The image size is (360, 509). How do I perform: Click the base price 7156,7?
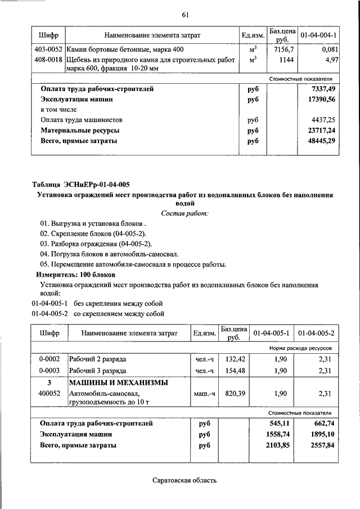[x=283, y=51]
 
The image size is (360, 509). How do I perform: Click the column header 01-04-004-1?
[x=318, y=36]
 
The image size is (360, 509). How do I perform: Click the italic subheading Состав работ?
[x=184, y=213]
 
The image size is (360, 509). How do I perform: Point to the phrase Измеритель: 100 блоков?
[x=75, y=274]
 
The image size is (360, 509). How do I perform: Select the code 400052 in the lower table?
[x=50, y=394]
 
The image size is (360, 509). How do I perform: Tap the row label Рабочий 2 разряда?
[x=98, y=359]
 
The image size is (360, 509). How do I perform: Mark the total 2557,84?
[x=318, y=445]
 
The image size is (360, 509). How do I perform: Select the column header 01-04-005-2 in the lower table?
[x=316, y=334]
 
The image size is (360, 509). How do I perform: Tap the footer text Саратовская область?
[x=184, y=480]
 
